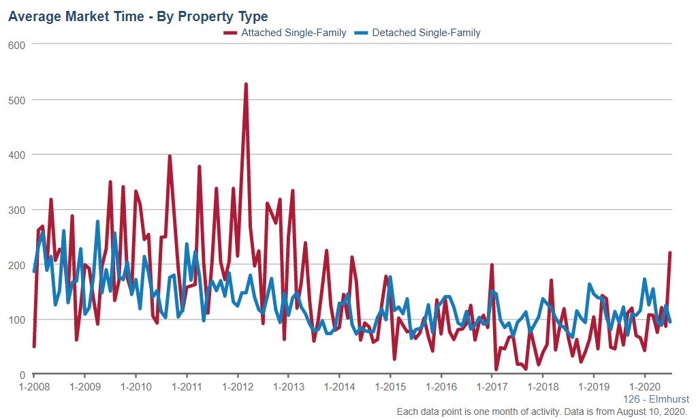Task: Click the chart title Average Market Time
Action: [x=138, y=16]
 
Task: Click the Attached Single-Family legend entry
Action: [x=294, y=32]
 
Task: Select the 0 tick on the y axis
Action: [x=22, y=375]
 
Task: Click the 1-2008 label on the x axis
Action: [x=34, y=386]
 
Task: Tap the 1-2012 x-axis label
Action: [x=238, y=386]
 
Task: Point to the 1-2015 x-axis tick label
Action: [x=390, y=386]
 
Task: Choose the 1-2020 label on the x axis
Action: [x=645, y=386]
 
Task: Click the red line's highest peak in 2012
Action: [x=246, y=84]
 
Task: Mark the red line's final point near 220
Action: [x=670, y=253]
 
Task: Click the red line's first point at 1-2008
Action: [x=34, y=346]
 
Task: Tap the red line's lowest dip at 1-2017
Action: [x=496, y=369]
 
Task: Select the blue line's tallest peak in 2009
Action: [x=97, y=221]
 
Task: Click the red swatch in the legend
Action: [x=231, y=33]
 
